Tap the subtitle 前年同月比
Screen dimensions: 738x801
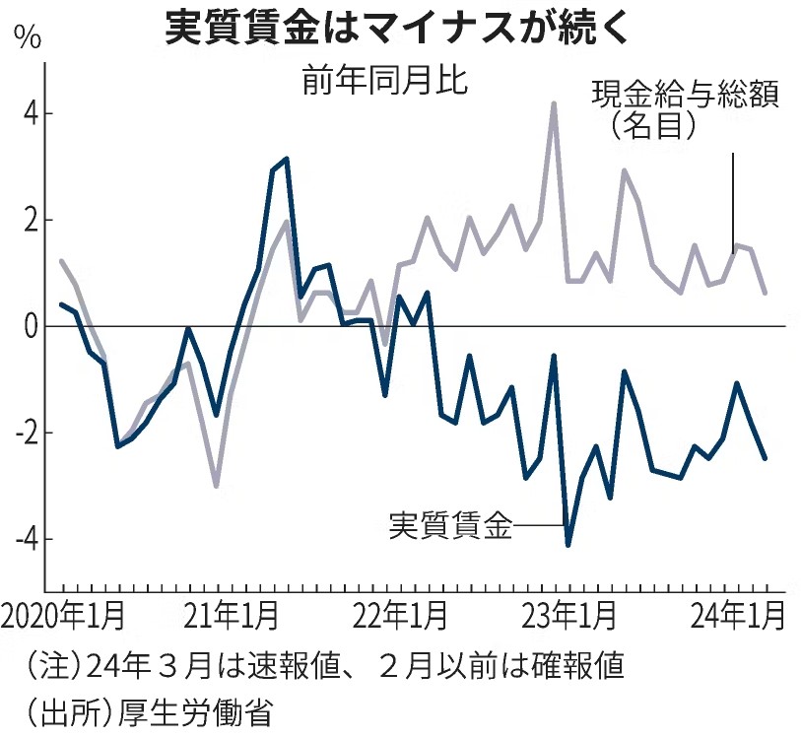[x=384, y=82]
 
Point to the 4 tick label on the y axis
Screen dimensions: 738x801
[x=32, y=113]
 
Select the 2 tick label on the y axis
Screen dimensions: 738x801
[x=32, y=220]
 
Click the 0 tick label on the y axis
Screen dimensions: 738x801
[x=32, y=326]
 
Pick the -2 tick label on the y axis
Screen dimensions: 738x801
[x=27, y=433]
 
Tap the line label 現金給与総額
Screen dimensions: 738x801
[x=686, y=96]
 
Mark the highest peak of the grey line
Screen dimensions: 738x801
[x=554, y=102]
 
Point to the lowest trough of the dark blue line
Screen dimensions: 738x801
[x=567, y=544]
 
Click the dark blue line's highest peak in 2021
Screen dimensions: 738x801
[x=286, y=159]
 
